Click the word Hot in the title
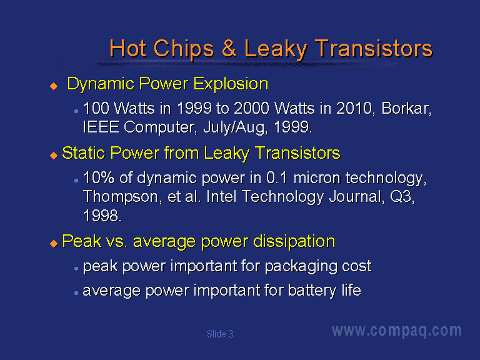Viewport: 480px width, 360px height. click(x=127, y=48)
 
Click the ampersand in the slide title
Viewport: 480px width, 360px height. click(x=229, y=48)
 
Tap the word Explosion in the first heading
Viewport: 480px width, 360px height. click(x=231, y=84)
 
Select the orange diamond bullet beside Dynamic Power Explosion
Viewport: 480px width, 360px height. click(x=54, y=86)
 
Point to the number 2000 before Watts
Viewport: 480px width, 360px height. click(x=252, y=108)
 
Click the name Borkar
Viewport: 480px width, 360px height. click(x=406, y=108)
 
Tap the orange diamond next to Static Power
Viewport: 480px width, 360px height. click(x=54, y=155)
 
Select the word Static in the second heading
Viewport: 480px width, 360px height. click(x=84, y=152)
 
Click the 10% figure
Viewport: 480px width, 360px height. click(x=98, y=177)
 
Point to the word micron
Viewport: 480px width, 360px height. click(x=316, y=178)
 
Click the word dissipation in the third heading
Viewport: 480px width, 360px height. click(x=294, y=241)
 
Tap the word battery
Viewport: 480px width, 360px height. click(x=312, y=291)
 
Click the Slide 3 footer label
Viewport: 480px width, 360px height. click(x=220, y=334)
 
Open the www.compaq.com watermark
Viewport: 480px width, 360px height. click(x=397, y=331)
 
